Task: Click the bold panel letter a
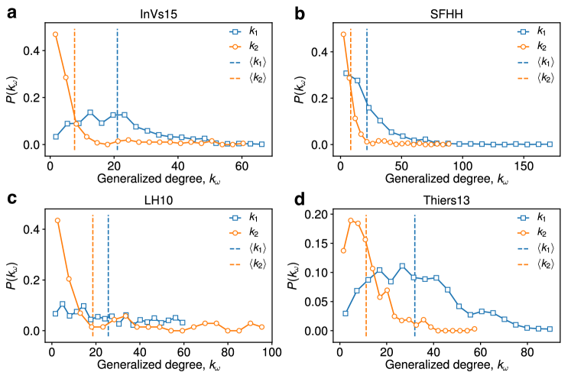(x=12, y=11)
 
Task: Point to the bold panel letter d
(x=300, y=199)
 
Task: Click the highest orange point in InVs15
(x=55, y=34)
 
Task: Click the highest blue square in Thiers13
(x=402, y=266)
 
